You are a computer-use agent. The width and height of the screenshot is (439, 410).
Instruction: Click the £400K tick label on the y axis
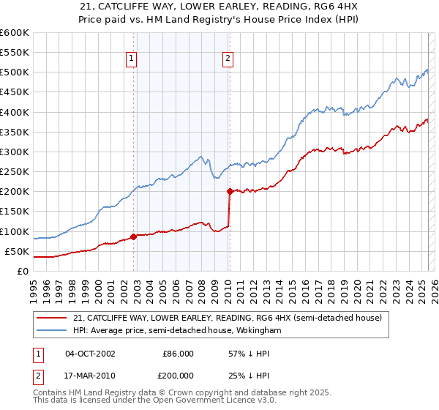coord(15,112)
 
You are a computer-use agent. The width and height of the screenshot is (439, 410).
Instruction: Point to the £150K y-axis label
coord(15,211)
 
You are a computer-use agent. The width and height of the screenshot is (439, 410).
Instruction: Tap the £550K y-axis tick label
coord(15,53)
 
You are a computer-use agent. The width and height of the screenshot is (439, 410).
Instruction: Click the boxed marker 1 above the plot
coord(131,59)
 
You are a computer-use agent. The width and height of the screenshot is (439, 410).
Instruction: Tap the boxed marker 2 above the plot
coord(228,59)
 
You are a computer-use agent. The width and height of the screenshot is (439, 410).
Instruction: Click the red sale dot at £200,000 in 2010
coord(230,192)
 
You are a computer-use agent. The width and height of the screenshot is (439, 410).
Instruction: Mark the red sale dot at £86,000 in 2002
coord(133,236)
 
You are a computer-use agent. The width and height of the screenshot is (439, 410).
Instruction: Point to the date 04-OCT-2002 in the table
coord(90,354)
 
